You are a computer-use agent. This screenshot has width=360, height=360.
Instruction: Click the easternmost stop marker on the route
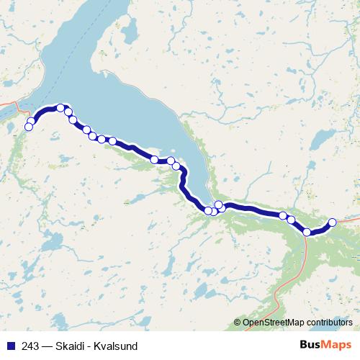point(333,222)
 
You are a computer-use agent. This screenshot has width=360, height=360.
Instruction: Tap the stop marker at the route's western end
point(29,127)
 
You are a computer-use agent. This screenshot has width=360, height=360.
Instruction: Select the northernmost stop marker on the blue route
point(61,108)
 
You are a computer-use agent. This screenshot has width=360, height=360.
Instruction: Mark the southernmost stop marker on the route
point(307,232)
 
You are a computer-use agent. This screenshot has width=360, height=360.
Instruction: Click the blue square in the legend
point(9,346)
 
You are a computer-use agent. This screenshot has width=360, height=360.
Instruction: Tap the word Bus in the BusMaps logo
point(311,345)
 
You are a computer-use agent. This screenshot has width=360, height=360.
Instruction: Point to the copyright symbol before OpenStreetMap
point(238,323)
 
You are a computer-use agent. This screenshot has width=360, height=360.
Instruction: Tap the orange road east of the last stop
point(349,218)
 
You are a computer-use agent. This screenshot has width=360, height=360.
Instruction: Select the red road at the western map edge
point(7,105)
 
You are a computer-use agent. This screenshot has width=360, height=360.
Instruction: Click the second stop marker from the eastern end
point(307,232)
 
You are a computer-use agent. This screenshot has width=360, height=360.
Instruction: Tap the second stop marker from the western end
point(32,122)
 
